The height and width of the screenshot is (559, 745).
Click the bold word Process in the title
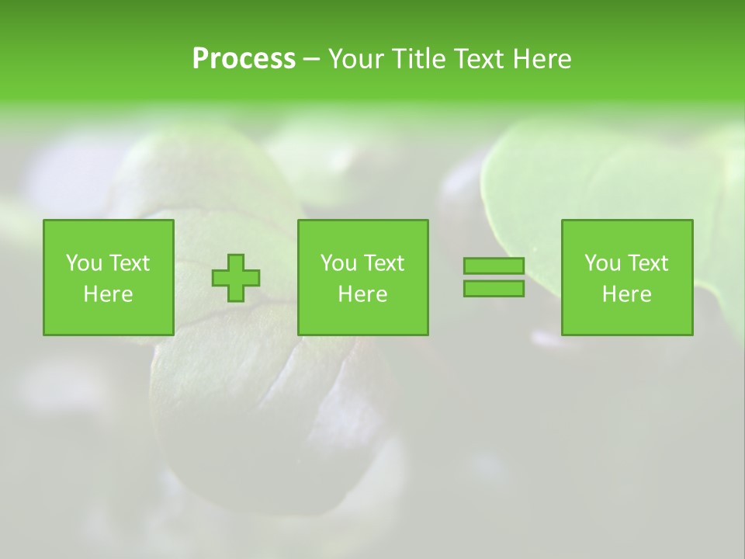pos(244,59)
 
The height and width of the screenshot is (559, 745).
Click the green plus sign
pos(236,278)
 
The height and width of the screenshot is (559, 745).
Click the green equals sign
pos(494,277)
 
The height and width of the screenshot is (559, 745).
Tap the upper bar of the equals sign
pos(494,266)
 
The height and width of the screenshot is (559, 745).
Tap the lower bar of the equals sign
pos(494,288)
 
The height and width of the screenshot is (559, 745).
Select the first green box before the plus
pos(109,277)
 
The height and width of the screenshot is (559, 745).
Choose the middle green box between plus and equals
pos(362,277)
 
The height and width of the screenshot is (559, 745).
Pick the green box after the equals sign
pos(626,277)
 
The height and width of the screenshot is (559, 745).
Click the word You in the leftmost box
pos(84,263)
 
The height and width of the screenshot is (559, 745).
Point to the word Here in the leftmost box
pos(109,294)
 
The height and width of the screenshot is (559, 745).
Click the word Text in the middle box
pos(384,263)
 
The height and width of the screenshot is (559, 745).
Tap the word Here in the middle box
pos(362,294)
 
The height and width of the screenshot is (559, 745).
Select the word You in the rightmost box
pos(602,263)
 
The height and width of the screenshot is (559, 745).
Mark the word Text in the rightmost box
pos(648,263)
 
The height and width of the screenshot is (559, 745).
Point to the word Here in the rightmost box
pos(626,294)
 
